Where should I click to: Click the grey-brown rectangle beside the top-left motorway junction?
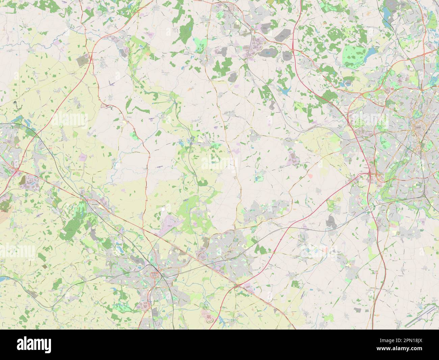pyautogui.click(x=82, y=61)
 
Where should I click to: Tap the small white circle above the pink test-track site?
pyautogui.click(x=163, y=210)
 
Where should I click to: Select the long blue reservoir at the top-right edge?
pyautogui.click(x=386, y=14)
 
